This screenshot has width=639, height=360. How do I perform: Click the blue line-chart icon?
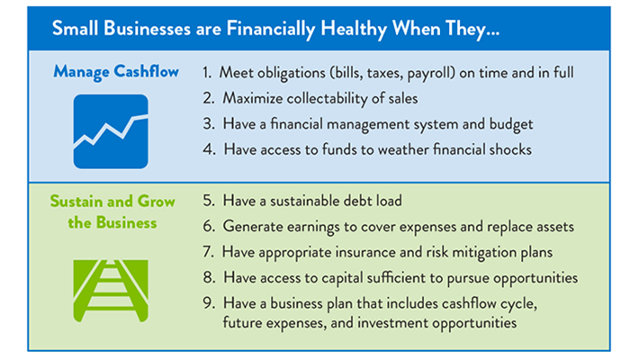(x=111, y=131)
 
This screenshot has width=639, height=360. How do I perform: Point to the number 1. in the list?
(x=208, y=71)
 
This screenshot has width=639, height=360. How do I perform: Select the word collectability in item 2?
(x=329, y=97)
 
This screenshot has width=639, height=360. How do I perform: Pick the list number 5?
(x=208, y=202)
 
